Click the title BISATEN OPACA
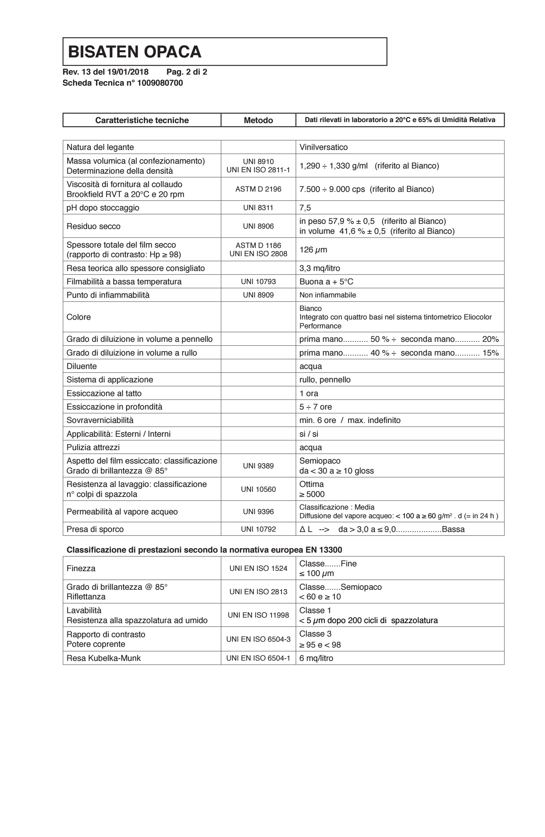point(134,52)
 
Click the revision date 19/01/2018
point(128,72)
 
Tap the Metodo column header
point(258,120)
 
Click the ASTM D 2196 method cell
point(258,189)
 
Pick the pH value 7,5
point(305,208)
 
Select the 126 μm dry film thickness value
point(313,250)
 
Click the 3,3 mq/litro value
point(319,268)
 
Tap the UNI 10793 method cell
point(258,282)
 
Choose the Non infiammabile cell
point(327,295)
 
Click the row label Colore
point(78,317)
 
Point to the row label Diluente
point(81,366)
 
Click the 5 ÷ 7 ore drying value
point(315,407)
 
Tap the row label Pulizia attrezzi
point(93,447)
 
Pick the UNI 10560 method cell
point(258,489)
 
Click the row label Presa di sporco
point(95,529)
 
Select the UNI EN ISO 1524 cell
point(258,568)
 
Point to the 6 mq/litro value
point(316,658)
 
